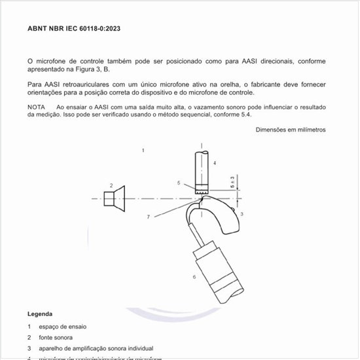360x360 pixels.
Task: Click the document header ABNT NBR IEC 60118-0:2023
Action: coord(73,29)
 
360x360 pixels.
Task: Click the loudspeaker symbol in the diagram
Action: coord(116,198)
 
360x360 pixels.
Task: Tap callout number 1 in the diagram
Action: coord(143,151)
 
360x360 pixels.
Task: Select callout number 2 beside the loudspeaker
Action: coord(111,185)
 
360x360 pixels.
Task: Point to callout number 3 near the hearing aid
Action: coord(242,213)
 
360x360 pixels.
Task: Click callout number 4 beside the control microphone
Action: coord(215,161)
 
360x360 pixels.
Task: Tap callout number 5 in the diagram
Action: coord(179,183)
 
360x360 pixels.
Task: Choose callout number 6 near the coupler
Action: coord(194,277)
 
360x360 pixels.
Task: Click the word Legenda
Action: coord(39,314)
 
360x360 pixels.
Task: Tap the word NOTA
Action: coord(37,106)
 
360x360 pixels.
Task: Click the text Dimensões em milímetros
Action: coord(291,130)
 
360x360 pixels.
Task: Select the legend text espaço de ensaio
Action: coord(62,326)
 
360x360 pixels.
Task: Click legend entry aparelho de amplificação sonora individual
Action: coord(96,348)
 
